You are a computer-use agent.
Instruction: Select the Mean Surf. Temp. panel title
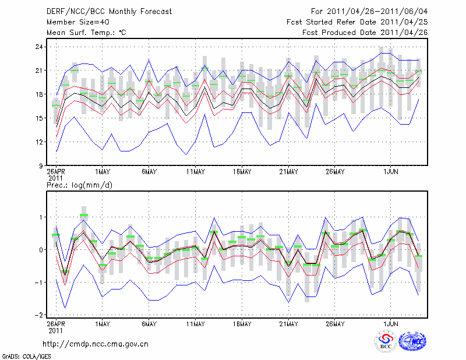point(86,33)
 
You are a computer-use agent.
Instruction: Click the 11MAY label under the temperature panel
point(195,172)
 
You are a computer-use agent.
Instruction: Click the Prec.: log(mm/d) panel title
point(79,185)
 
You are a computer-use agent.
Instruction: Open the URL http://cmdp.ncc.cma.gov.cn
point(96,344)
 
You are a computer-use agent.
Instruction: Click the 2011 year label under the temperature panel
point(55,178)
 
